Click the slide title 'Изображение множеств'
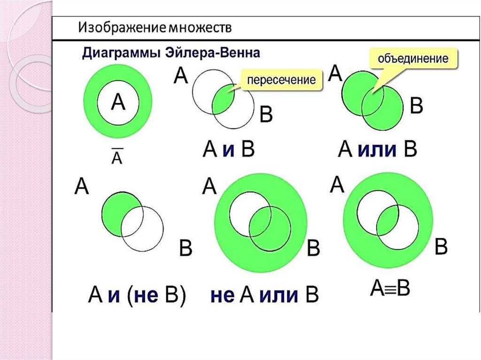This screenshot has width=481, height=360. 155,28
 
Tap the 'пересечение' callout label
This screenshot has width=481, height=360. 281,80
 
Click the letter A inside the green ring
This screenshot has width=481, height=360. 117,102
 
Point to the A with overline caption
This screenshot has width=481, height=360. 116,157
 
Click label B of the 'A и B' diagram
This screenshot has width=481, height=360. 266,115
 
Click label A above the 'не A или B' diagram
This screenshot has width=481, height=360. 209,187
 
